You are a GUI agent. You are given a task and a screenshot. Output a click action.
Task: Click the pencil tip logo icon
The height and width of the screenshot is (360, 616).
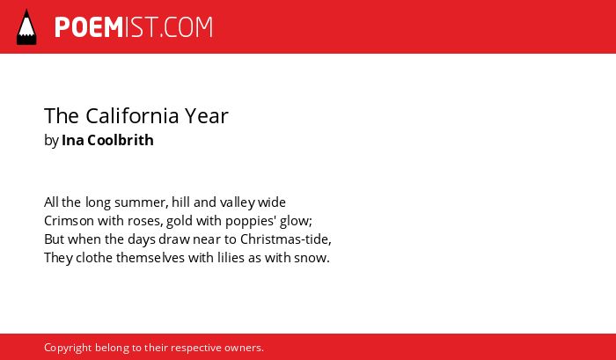pos(26,26)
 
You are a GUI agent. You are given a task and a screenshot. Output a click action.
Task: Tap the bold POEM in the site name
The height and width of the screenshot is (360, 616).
pos(89,27)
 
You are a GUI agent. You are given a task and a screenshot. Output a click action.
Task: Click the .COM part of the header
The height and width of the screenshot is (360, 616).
pos(187,27)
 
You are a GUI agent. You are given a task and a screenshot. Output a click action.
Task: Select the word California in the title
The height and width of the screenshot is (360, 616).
pos(132,115)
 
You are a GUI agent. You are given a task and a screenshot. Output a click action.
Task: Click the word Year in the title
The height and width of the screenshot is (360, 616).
pos(207,115)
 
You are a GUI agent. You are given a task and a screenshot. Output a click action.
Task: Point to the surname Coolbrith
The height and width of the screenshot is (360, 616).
pos(121,140)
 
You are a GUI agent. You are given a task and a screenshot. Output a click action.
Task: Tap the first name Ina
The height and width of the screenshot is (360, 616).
pos(73,140)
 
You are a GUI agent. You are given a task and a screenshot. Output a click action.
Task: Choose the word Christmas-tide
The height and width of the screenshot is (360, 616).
pos(286,239)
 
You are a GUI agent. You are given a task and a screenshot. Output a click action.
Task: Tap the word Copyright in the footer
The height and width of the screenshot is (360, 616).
pos(68,348)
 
